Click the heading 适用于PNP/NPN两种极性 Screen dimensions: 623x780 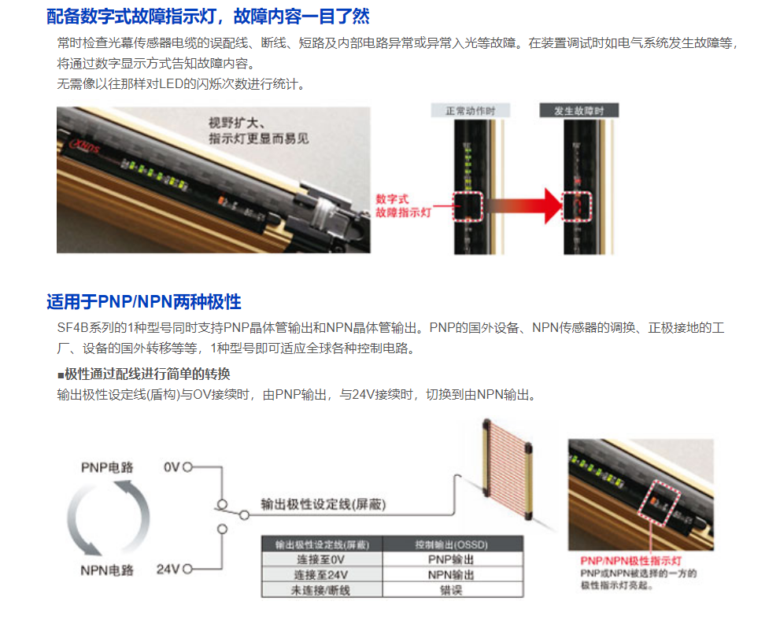pyautogui.click(x=143, y=302)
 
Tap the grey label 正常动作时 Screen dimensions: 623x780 pyautogui.click(x=471, y=111)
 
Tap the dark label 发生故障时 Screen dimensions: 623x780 pyautogui.click(x=579, y=111)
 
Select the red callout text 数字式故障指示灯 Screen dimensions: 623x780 pyautogui.click(x=402, y=205)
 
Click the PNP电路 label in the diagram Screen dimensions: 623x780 pyautogui.click(x=107, y=467)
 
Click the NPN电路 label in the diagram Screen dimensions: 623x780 pyautogui.click(x=107, y=570)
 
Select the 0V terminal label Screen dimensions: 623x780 pyautogui.click(x=172, y=467)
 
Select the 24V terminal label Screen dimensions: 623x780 pyautogui.click(x=168, y=570)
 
